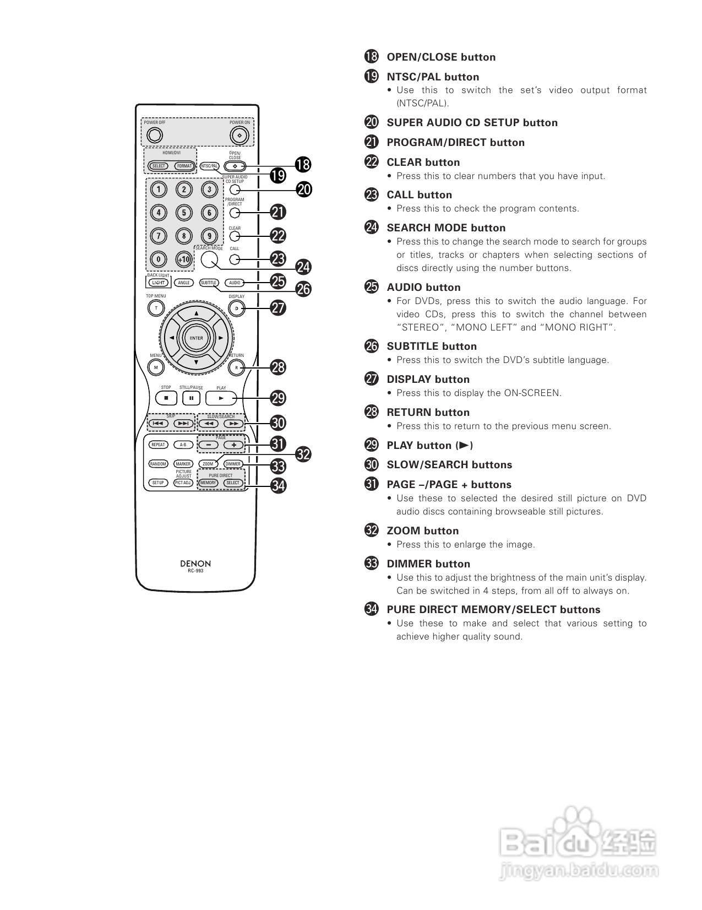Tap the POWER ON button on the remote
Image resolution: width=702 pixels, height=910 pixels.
tap(239, 135)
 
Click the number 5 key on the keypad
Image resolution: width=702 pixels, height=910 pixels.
tap(184, 213)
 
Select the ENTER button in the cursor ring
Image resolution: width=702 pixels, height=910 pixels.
tap(196, 338)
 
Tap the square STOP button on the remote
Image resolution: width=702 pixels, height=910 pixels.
tap(166, 398)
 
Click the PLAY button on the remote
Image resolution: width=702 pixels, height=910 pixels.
tap(221, 398)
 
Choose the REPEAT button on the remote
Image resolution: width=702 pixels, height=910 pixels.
tap(158, 445)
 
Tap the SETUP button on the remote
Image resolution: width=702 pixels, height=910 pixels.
tap(158, 483)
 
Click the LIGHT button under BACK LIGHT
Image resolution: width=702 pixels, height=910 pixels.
tap(158, 283)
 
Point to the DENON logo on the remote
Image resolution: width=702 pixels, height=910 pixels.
tap(195, 564)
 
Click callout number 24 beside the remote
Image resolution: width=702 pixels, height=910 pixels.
tap(303, 267)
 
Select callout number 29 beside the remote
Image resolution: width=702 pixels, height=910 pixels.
tap(279, 398)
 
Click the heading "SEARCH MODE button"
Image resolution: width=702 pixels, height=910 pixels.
tap(446, 228)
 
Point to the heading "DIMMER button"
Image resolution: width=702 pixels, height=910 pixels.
tap(428, 564)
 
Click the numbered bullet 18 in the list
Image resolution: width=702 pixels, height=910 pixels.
tap(372, 57)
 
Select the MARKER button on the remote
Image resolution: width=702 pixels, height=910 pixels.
tap(183, 464)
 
